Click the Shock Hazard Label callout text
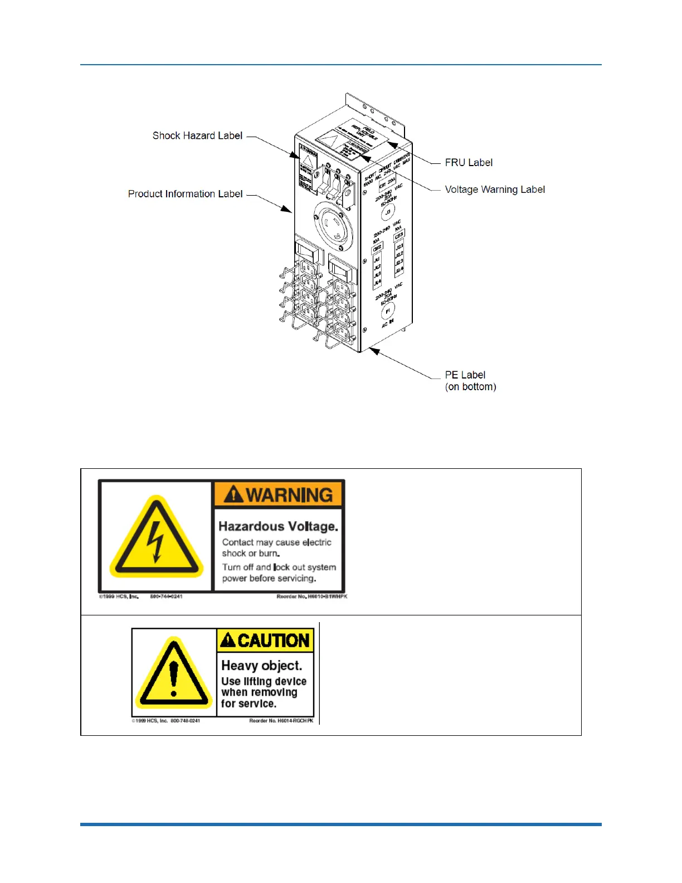coord(197,135)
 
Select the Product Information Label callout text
coord(185,194)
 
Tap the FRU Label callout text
coord(469,163)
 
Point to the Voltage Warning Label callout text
coord(495,190)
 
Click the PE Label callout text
coord(465,375)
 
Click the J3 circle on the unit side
coord(388,212)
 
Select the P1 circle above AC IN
coord(388,311)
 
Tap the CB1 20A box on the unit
coord(387,183)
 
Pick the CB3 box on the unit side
coord(399,236)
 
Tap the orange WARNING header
coord(279,494)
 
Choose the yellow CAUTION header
coord(266,641)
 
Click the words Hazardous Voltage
coord(278,526)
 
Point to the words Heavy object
coord(261,666)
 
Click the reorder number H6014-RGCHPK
coord(281,721)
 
